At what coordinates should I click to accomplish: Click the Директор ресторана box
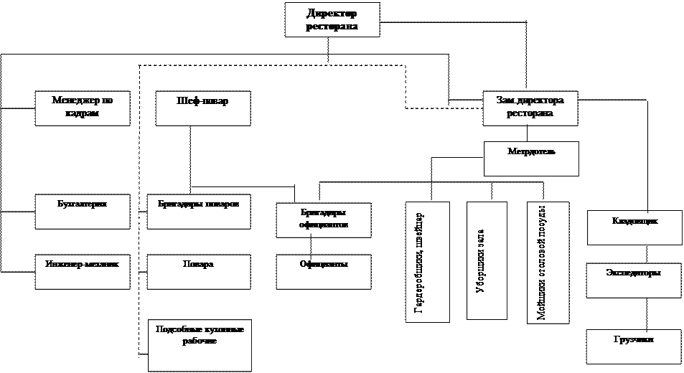point(332,19)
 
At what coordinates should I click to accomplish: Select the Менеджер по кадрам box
point(83,108)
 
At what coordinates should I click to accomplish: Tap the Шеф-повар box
point(203,108)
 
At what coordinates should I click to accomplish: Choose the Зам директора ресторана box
point(530,108)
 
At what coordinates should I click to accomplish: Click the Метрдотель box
point(531,159)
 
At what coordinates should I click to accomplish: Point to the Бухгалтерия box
point(83,211)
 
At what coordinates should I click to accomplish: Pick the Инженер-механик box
point(83,271)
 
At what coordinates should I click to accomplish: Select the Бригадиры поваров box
point(203,211)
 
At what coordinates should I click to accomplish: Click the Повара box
point(203,271)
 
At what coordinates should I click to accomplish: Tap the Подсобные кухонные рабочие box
point(200,344)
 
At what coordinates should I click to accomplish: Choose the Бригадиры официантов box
point(324,220)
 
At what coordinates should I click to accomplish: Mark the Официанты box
point(324,271)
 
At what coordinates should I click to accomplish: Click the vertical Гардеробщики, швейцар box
point(428,262)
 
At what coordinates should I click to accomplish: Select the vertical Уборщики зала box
point(487,260)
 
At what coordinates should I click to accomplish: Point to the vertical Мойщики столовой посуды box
point(548,262)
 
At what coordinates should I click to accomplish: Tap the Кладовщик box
point(633,227)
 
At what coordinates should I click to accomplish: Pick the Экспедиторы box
point(633,280)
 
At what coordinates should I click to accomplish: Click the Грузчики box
point(633,346)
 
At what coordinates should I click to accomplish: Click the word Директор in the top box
point(332,14)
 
